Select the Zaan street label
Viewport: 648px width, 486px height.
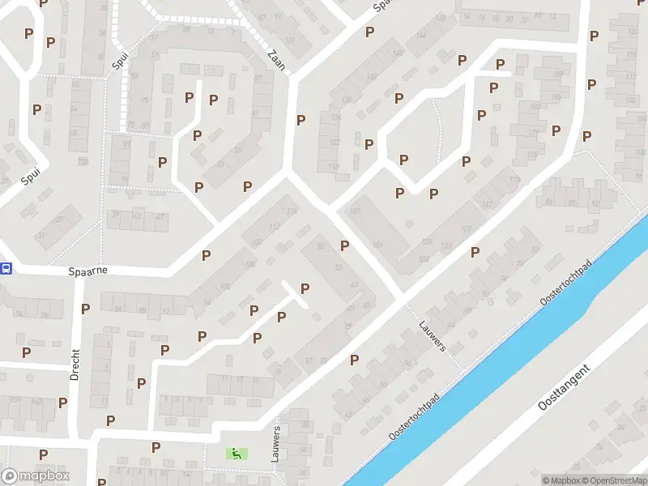tap(276, 59)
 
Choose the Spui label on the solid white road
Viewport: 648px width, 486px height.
tap(30, 176)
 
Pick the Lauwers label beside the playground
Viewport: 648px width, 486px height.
tap(276, 443)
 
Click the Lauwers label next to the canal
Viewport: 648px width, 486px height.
tap(433, 335)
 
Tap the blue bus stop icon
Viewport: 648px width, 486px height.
tap(6, 269)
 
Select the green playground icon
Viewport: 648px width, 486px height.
tap(237, 454)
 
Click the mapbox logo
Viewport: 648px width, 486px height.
tap(34, 476)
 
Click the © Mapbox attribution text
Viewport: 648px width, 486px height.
tap(561, 480)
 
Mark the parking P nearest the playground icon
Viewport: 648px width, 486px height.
tap(156, 446)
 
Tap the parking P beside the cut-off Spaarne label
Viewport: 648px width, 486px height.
tap(370, 32)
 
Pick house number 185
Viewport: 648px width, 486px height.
tap(556, 97)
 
